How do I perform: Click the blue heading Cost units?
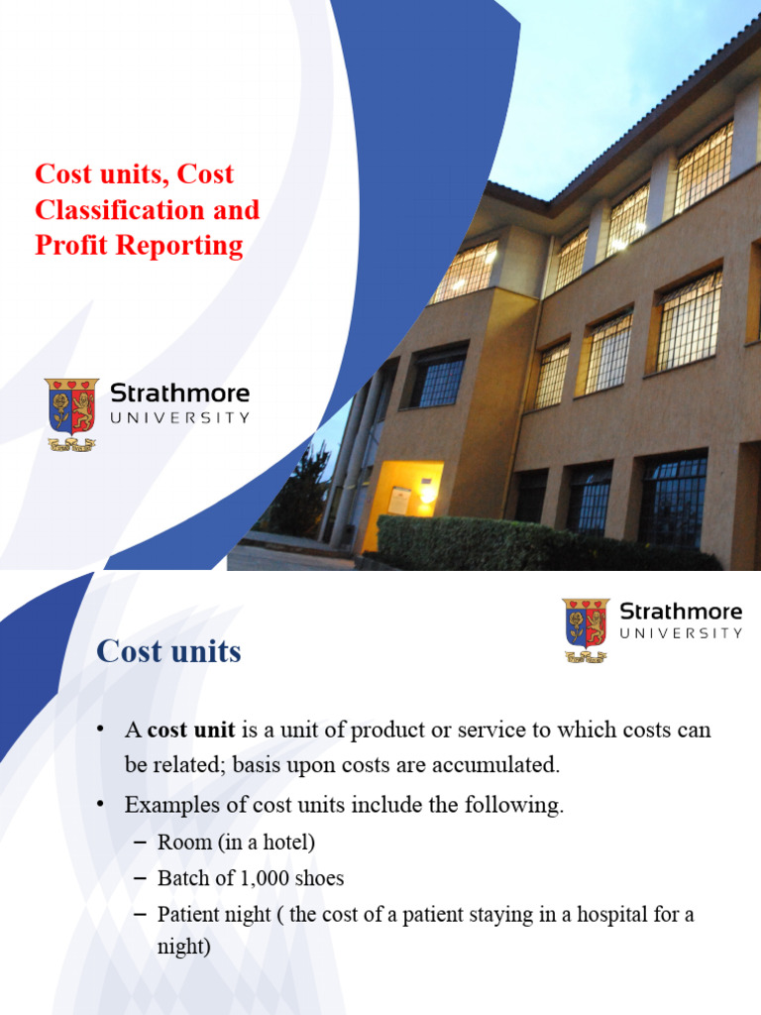(x=168, y=651)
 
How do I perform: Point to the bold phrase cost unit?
(x=191, y=731)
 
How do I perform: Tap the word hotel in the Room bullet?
(x=284, y=843)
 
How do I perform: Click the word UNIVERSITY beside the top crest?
(x=179, y=418)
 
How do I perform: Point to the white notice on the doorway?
(x=398, y=501)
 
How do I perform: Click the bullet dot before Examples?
(x=100, y=806)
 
